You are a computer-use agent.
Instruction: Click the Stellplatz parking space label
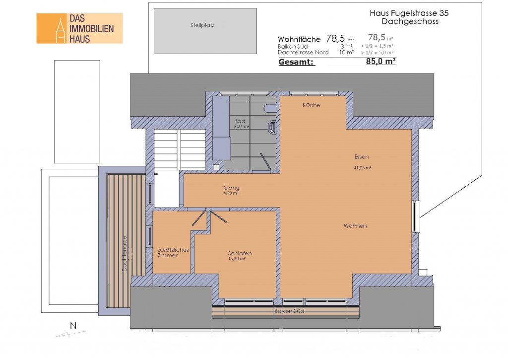coord(202,25)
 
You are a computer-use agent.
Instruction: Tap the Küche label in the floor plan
coord(311,105)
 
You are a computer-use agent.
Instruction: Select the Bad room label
coord(240,121)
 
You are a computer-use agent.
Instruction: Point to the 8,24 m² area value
coord(242,127)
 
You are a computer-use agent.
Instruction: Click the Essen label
coord(362,157)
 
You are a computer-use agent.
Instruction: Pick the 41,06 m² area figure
coord(362,168)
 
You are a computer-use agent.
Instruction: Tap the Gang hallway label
coord(231,188)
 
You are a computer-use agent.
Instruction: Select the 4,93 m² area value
coord(231,193)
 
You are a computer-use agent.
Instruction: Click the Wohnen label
coord(355,226)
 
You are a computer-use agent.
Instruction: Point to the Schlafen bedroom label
coord(240,253)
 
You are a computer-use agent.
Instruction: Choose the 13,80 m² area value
coord(237,259)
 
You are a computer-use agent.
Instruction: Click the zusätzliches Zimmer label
coord(173,253)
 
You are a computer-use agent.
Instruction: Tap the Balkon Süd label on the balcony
coord(289,311)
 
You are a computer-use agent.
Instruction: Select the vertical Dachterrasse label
coord(125,253)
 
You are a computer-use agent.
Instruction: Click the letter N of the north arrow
coord(73,326)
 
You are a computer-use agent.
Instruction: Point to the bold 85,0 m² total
coord(381,61)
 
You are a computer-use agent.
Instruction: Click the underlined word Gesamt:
coord(297,62)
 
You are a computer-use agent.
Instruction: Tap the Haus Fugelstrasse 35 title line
coord(409,13)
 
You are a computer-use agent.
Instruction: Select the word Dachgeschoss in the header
coord(410,21)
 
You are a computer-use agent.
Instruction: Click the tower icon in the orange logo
coord(60,30)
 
